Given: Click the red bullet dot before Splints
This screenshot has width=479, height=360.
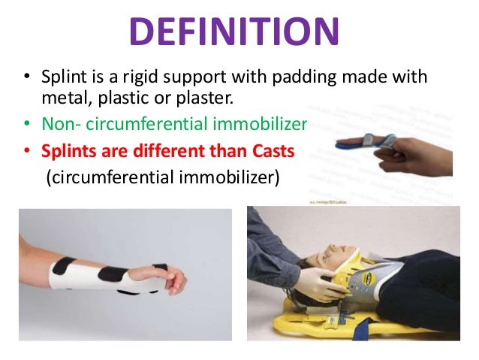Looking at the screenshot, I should click(27, 150).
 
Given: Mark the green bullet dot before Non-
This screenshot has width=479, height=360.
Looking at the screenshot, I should click(27, 125).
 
